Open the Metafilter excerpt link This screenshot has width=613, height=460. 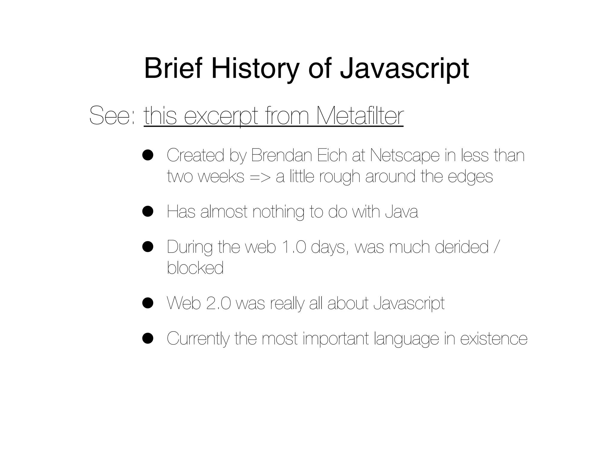click(x=274, y=116)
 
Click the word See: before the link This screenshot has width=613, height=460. click(x=113, y=116)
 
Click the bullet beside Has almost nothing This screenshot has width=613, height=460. click(x=148, y=211)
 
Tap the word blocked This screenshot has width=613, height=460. click(x=195, y=267)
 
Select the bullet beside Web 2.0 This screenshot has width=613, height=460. click(x=148, y=303)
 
